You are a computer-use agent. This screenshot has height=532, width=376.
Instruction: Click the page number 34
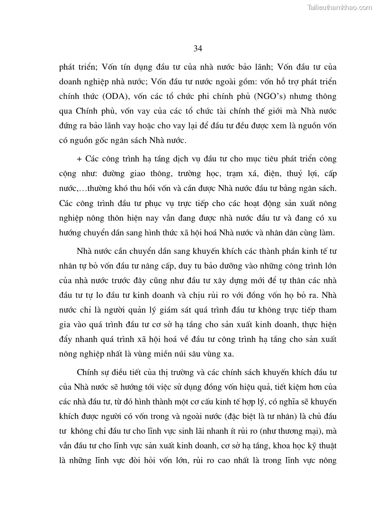coord(198,48)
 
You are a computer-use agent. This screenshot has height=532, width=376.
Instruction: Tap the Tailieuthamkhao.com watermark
coord(340,7)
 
